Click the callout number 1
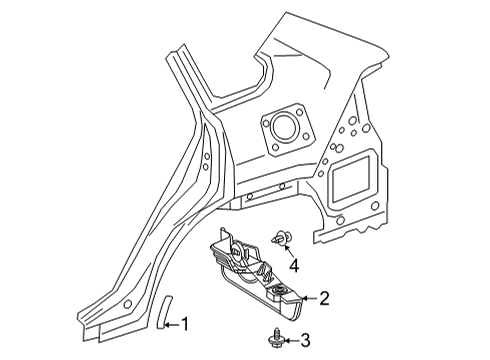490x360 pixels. click(x=185, y=323)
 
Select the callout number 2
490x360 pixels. click(x=325, y=297)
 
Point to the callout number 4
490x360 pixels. click(x=294, y=265)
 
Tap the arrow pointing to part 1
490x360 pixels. click(x=171, y=323)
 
